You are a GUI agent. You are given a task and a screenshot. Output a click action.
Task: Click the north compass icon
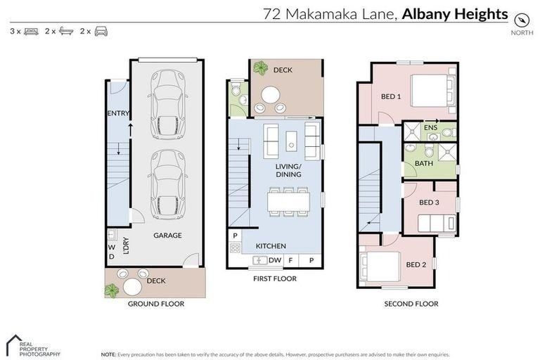coord(522,19)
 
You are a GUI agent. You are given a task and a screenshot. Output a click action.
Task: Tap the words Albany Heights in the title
coord(455,13)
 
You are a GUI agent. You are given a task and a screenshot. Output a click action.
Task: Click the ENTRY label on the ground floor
coord(117,113)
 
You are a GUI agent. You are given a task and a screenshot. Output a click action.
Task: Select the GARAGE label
coord(167,236)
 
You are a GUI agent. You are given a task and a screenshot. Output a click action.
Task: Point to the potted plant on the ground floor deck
coord(111,290)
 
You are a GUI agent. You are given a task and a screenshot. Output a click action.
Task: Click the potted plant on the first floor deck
coord(261,68)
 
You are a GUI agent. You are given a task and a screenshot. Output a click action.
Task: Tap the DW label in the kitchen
coord(275,260)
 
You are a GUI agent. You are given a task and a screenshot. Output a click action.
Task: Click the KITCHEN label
coord(271,245)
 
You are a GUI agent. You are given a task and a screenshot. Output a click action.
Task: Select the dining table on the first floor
coord(288,202)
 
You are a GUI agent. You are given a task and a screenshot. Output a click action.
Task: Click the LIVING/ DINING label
coord(288,169)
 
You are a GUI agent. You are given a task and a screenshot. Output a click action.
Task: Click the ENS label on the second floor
coord(430,127)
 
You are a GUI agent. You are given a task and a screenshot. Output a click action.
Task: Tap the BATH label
coord(424,163)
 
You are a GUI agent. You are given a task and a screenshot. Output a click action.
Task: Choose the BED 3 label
coord(429,202)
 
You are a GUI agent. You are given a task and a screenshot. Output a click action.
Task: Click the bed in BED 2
coord(380,266)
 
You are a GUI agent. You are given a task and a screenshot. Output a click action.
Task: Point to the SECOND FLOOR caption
coord(411,304)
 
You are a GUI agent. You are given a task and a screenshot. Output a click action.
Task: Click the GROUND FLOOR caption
coord(156,304)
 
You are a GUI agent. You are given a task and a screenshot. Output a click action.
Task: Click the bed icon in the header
coord(31,32)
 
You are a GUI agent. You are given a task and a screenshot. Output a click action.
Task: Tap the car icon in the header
coord(101,32)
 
